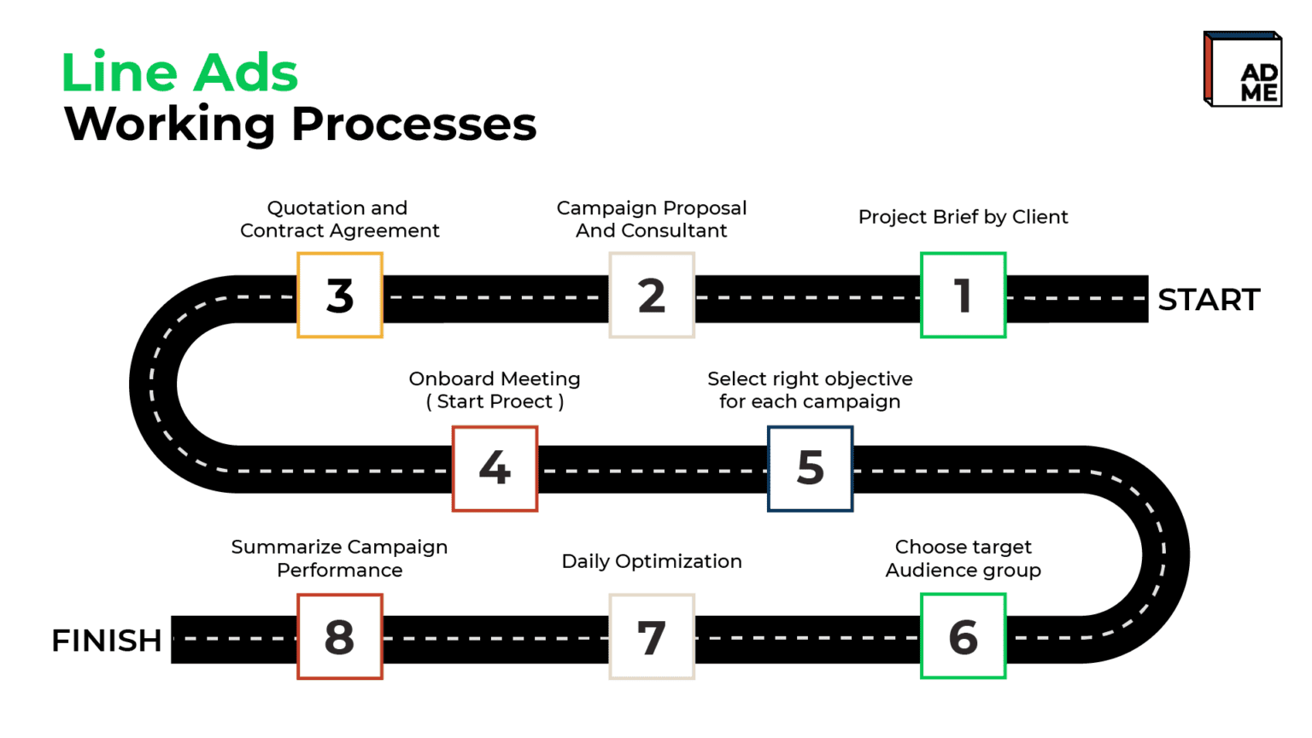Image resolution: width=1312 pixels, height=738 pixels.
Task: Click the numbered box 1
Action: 963,296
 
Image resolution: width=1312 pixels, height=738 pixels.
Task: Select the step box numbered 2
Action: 652,296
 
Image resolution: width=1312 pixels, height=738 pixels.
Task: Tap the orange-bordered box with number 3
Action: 340,296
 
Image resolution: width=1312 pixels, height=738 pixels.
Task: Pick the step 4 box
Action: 495,469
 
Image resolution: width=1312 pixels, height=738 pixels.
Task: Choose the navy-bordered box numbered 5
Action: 810,469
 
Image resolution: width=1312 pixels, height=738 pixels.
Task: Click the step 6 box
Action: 963,636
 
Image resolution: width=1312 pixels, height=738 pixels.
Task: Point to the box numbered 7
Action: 652,636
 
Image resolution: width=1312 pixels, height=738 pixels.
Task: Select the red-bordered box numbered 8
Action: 340,636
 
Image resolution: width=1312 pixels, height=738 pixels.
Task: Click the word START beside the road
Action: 1209,299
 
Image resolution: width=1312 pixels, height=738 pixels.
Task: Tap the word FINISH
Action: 107,640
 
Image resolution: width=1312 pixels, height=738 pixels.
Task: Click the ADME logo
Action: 1243,69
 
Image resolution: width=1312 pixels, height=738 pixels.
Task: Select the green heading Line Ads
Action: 180,72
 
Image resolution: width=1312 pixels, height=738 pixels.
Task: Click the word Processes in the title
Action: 414,124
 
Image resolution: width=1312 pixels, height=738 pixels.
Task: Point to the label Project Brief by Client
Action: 963,217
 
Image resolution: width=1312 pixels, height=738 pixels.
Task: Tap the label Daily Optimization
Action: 652,561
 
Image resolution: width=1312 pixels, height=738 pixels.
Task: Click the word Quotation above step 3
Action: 315,208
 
